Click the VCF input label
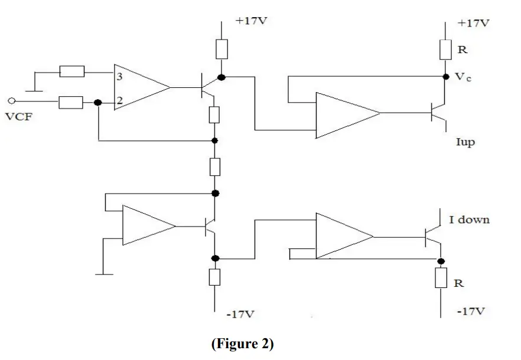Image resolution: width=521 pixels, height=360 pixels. point(18,116)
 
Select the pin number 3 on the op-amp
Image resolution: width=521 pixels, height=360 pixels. point(120,77)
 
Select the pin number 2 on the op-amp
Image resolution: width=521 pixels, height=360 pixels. point(120,102)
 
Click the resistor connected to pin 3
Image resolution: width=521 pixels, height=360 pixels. point(71,72)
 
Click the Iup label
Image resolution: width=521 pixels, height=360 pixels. point(466,142)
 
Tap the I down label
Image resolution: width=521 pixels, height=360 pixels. point(469,220)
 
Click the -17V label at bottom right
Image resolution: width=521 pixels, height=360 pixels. point(473,311)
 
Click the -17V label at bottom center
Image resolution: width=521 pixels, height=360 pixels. point(241,314)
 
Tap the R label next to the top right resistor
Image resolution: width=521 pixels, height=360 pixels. point(463,50)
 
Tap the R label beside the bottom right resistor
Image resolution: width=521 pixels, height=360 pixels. point(458,284)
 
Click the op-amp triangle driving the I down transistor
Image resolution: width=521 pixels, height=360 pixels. point(341,236)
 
